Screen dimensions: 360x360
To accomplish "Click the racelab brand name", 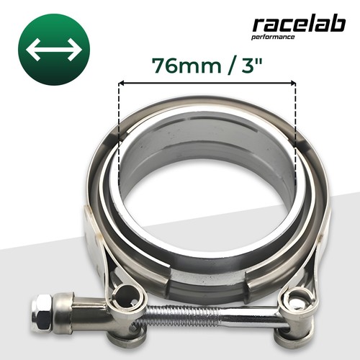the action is point(299,24).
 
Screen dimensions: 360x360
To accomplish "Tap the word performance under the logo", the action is point(273,37).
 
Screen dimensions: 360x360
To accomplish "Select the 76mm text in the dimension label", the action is point(186,66).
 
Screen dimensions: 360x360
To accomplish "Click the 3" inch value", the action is point(251,65).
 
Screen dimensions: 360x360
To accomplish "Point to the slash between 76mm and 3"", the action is point(231,66).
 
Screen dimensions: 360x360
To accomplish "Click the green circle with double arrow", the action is point(54,50).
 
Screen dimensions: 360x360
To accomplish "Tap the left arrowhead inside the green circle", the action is point(32,50).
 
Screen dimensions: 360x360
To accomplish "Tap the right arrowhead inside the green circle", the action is point(76,50).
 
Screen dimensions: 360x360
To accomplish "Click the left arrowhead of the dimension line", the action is point(122,83).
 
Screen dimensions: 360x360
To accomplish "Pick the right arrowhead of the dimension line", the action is point(292,83).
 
